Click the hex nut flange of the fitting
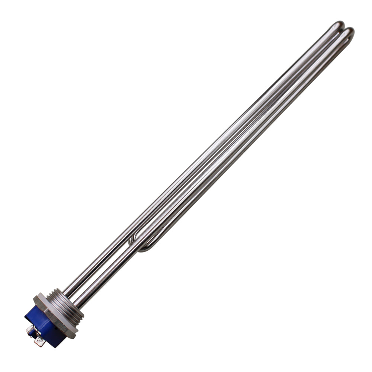56,316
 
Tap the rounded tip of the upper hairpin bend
338,25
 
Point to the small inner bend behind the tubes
131,241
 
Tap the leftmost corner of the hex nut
34,298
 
